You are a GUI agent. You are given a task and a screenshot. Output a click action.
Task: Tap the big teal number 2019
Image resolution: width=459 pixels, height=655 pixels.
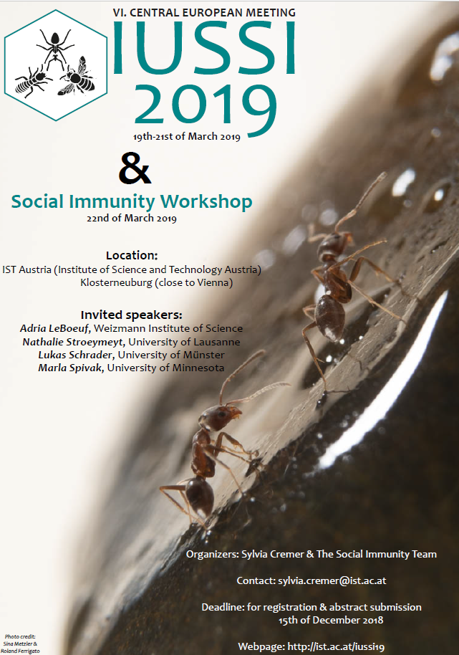pos(205,107)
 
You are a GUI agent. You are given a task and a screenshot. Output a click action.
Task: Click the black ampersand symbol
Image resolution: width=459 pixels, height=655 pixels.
pos(135,168)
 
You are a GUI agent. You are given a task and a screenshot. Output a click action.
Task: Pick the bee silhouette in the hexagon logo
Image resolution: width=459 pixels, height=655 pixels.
pos(78,76)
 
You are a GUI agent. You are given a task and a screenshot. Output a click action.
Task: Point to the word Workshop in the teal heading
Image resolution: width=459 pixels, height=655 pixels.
pos(206,202)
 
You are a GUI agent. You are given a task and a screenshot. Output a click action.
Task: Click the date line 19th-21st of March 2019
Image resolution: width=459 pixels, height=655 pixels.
pos(186,137)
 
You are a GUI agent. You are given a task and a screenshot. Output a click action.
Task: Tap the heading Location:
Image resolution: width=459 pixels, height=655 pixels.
pos(132,255)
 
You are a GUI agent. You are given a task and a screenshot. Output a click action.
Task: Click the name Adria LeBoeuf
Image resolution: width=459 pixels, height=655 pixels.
pos(54,328)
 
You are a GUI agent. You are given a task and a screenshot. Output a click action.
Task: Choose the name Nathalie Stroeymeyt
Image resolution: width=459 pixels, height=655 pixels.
pos(73,342)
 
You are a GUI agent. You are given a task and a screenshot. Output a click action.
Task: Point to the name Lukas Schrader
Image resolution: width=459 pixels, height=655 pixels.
pos(75,355)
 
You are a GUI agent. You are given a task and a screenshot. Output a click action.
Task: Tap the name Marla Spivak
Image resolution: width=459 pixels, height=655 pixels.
pos(71,368)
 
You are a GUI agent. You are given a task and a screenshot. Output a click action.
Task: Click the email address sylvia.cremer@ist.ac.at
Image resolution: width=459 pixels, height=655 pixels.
pos(332,580)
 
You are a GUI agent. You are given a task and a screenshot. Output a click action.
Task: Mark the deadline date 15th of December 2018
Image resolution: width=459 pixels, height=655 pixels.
pos(331,621)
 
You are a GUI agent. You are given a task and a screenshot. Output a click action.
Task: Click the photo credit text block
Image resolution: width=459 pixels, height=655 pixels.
pos(20,644)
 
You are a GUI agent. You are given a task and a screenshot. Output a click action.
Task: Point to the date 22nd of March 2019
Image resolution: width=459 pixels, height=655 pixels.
pos(132,219)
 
